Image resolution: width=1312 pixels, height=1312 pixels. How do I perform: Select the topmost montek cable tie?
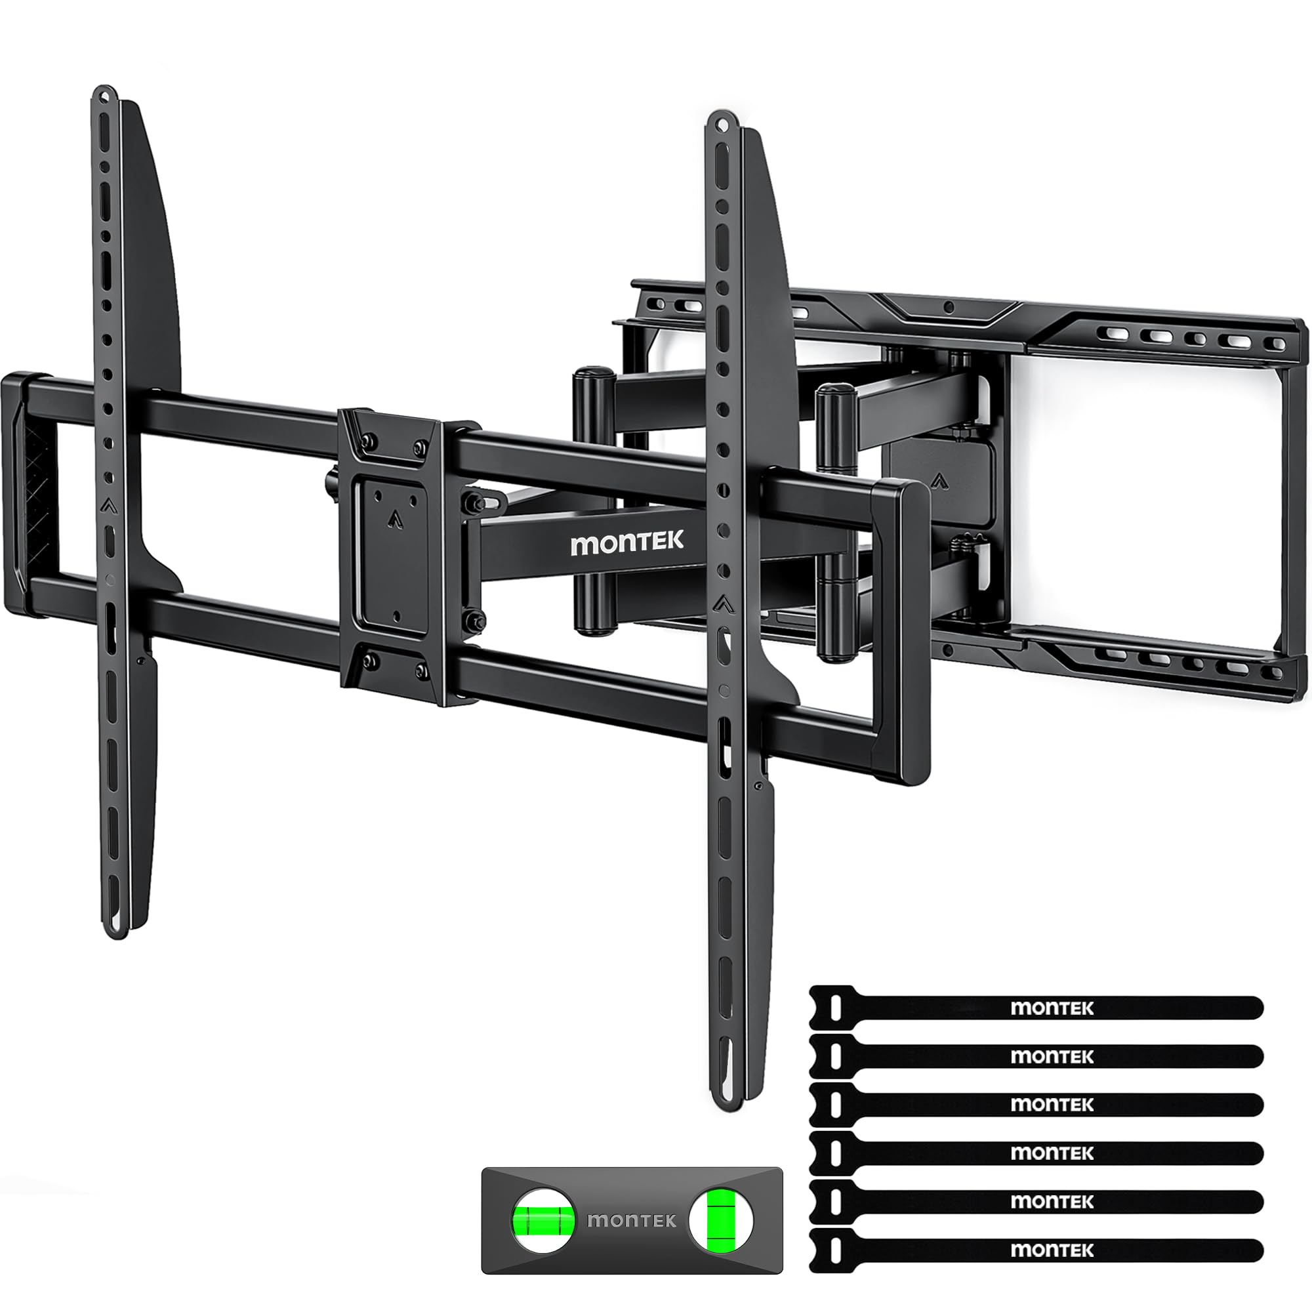click(1036, 1008)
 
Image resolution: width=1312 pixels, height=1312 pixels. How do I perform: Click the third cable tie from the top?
click(1036, 1104)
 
